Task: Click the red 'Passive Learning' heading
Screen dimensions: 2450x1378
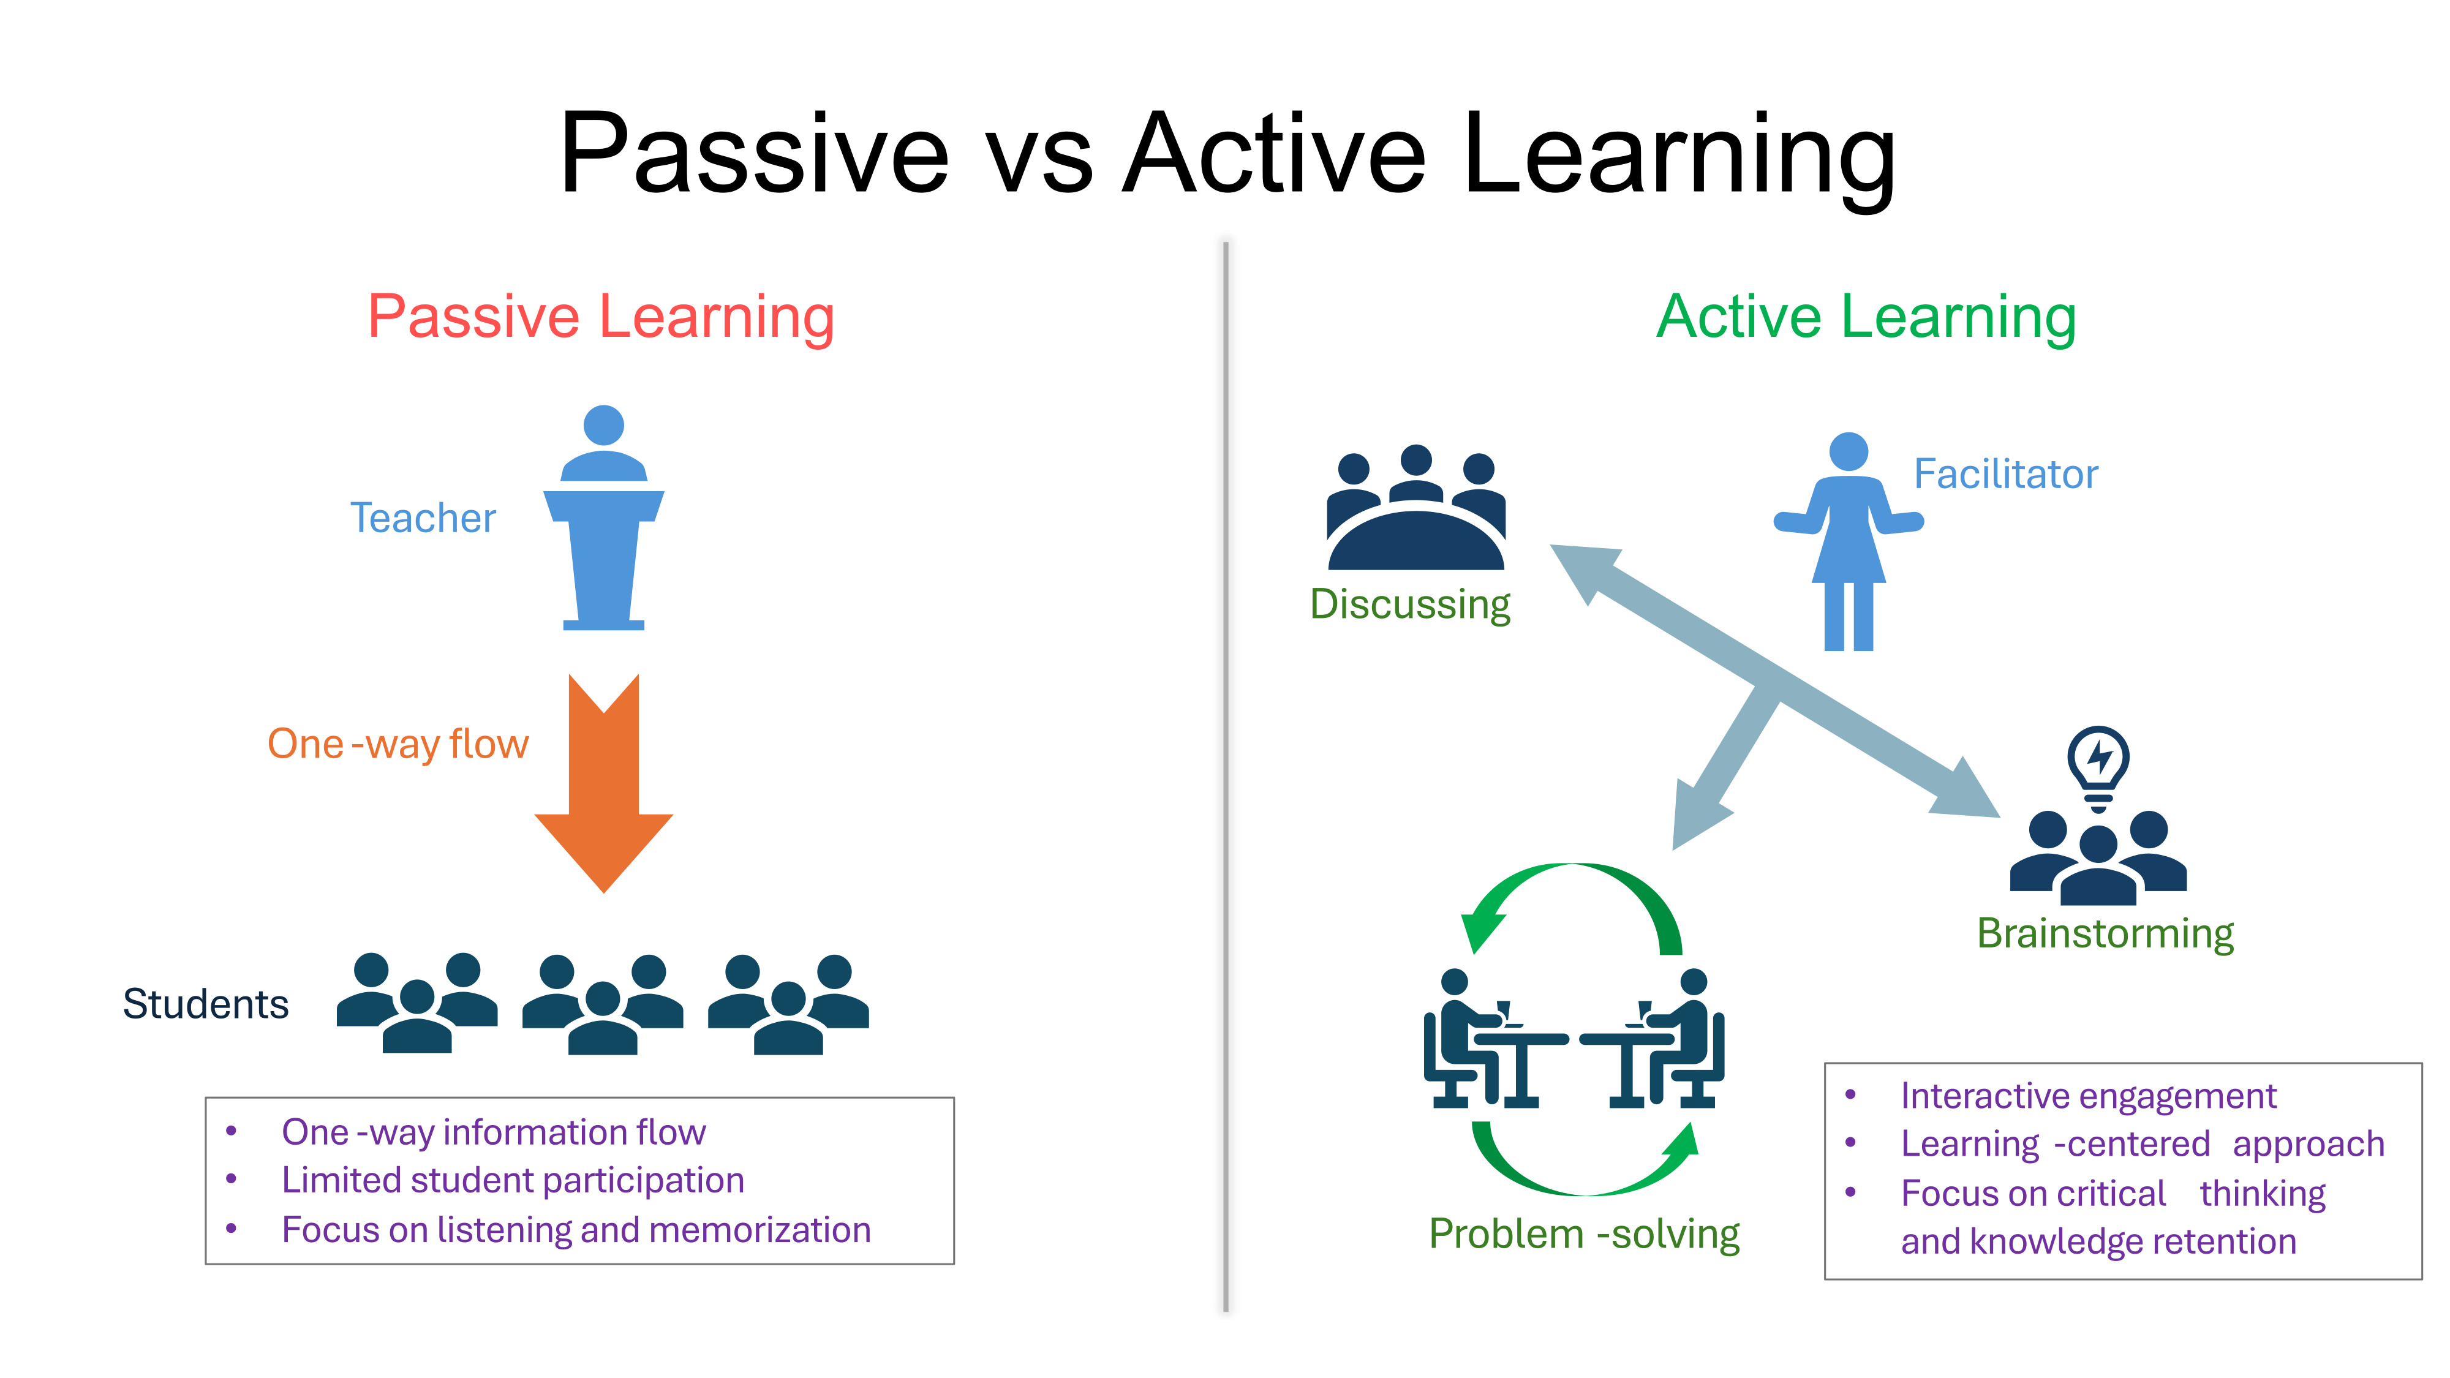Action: tap(601, 317)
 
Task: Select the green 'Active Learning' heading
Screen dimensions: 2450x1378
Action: tap(1866, 317)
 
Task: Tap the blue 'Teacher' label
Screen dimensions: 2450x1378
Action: tap(423, 518)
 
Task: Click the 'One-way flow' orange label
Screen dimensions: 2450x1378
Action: tap(398, 744)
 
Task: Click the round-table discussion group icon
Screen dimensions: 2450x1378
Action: tap(1416, 507)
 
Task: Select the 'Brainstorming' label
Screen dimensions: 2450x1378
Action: tap(2105, 934)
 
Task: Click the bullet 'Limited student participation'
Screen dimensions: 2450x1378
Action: tap(513, 1180)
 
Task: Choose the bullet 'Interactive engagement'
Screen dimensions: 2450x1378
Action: tap(2089, 1096)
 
